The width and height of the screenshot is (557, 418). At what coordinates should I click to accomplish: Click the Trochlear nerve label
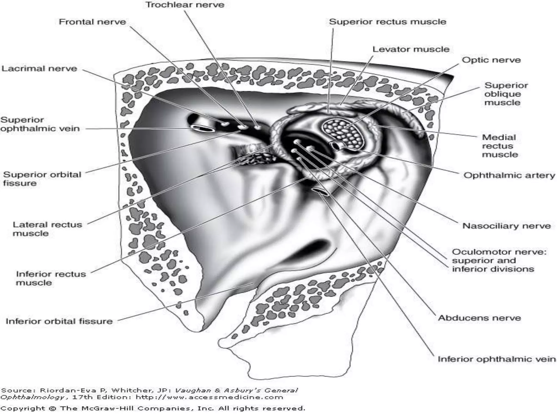pyautogui.click(x=185, y=5)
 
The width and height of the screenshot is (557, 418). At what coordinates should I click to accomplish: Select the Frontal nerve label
pyautogui.click(x=92, y=22)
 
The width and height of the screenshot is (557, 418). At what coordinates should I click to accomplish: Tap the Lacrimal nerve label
pyautogui.click(x=39, y=68)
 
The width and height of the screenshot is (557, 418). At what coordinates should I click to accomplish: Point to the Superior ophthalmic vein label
pyautogui.click(x=40, y=124)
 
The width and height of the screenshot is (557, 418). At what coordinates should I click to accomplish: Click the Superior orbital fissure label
pyautogui.click(x=42, y=179)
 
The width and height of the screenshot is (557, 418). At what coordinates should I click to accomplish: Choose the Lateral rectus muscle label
pyautogui.click(x=47, y=229)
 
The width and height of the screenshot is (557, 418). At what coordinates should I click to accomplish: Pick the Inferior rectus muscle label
pyautogui.click(x=51, y=278)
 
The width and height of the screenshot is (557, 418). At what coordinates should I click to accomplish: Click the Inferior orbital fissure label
pyautogui.click(x=59, y=321)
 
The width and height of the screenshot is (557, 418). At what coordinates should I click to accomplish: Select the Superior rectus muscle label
pyautogui.click(x=388, y=22)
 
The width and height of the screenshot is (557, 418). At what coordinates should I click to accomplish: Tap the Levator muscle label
pyautogui.click(x=411, y=49)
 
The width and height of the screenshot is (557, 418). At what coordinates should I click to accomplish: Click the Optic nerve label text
pyautogui.click(x=491, y=60)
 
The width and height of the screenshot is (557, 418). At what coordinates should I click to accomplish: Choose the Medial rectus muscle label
pyautogui.click(x=500, y=146)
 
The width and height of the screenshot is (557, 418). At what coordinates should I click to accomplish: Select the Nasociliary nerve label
pyautogui.click(x=506, y=226)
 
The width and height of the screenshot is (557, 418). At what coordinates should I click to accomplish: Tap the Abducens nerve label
pyautogui.click(x=479, y=318)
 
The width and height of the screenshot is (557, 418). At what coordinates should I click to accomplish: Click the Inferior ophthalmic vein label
pyautogui.click(x=497, y=359)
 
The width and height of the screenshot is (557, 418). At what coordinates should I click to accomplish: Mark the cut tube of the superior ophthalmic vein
pyautogui.click(x=202, y=128)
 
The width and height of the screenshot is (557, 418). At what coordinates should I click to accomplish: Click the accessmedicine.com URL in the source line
pyautogui.click(x=209, y=397)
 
